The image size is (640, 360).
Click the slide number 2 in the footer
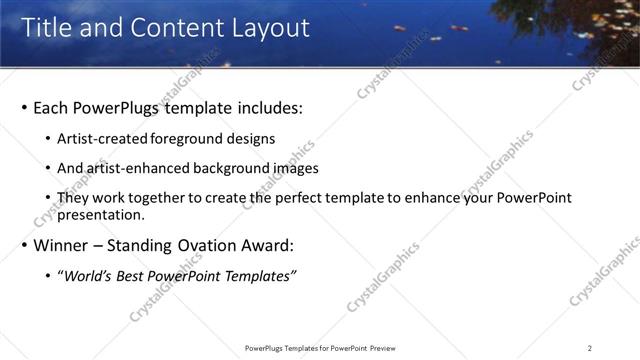point(590,348)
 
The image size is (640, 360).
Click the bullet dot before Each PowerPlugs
point(24,108)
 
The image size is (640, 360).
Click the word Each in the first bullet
point(52,107)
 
